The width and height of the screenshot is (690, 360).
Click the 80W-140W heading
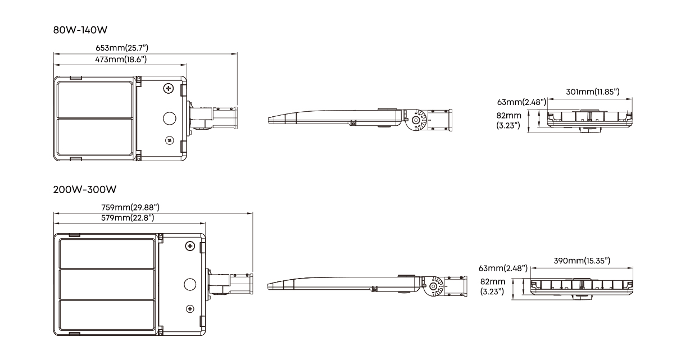pos(76,30)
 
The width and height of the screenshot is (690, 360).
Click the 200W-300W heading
pos(80,189)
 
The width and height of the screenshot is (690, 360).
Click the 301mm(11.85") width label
pos(593,92)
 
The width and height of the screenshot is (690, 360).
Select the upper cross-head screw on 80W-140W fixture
pos(168,88)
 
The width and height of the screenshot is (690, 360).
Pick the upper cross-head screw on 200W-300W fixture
pos(190,247)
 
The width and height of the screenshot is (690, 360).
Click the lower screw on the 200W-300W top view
pos(189,308)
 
